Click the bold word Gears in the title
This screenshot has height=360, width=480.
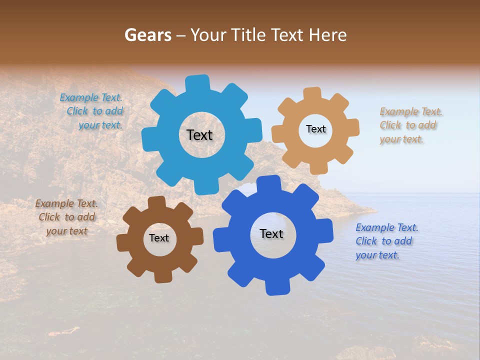pos(147,35)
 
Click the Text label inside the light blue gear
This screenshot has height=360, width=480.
pos(199,135)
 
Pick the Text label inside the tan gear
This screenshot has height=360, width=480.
pos(315,129)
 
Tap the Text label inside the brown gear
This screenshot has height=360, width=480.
pos(159,238)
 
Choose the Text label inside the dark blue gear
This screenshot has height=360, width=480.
pos(271,233)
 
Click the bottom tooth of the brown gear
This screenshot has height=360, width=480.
pos(162,276)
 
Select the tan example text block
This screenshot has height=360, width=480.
pos(409,125)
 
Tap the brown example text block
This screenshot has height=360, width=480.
pos(66,217)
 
